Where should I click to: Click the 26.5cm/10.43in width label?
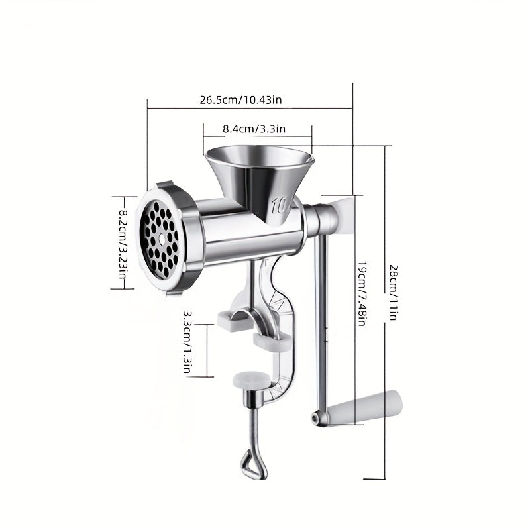241,100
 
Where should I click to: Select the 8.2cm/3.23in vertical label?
123,242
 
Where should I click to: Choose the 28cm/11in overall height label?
392,292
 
